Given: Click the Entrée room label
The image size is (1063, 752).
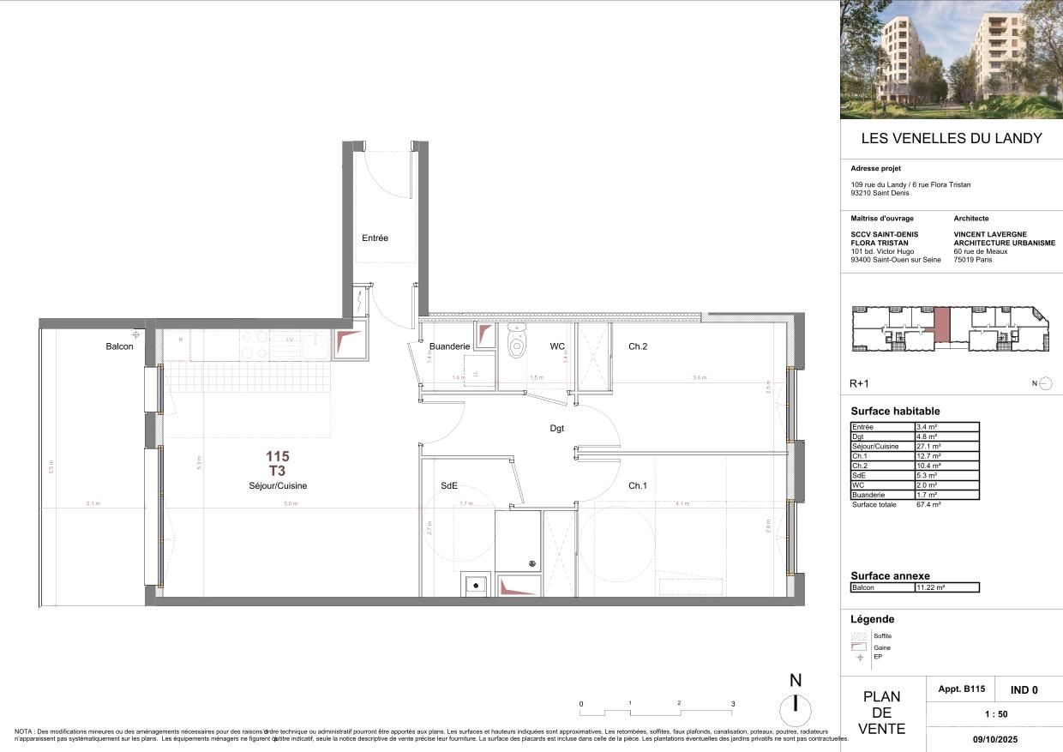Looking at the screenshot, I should [x=375, y=238].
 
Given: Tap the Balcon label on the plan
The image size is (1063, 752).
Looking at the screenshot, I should [x=119, y=347].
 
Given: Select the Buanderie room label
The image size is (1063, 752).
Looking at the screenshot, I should [x=449, y=346].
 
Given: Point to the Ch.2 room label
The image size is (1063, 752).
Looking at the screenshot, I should [x=637, y=346].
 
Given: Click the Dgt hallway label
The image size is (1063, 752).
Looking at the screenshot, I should [x=557, y=428].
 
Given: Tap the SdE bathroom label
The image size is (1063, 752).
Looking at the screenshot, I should [x=448, y=485].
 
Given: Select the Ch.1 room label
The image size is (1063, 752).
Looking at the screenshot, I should [x=637, y=485].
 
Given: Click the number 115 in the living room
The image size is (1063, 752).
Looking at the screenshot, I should [x=277, y=457].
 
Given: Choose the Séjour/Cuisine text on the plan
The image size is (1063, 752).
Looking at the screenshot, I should [x=273, y=485].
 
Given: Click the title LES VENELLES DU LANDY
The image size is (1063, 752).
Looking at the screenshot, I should [x=951, y=138].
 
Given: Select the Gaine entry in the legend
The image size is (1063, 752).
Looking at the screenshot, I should [x=880, y=647].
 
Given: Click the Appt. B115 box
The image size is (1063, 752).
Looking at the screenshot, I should [x=964, y=689].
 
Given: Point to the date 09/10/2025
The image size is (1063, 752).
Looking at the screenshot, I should [x=994, y=737].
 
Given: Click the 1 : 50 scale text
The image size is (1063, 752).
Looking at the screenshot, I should [x=994, y=713].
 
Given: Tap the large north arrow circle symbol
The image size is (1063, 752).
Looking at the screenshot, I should [x=796, y=708].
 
